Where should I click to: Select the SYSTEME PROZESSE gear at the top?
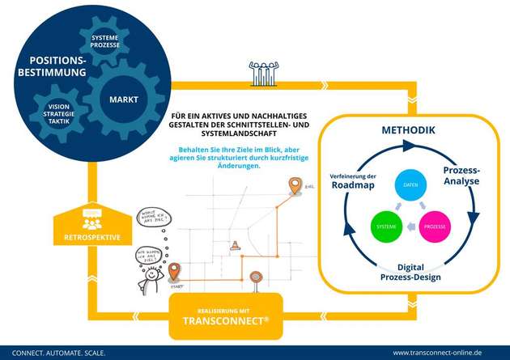104,41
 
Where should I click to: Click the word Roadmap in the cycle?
351,185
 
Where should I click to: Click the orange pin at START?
174,270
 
